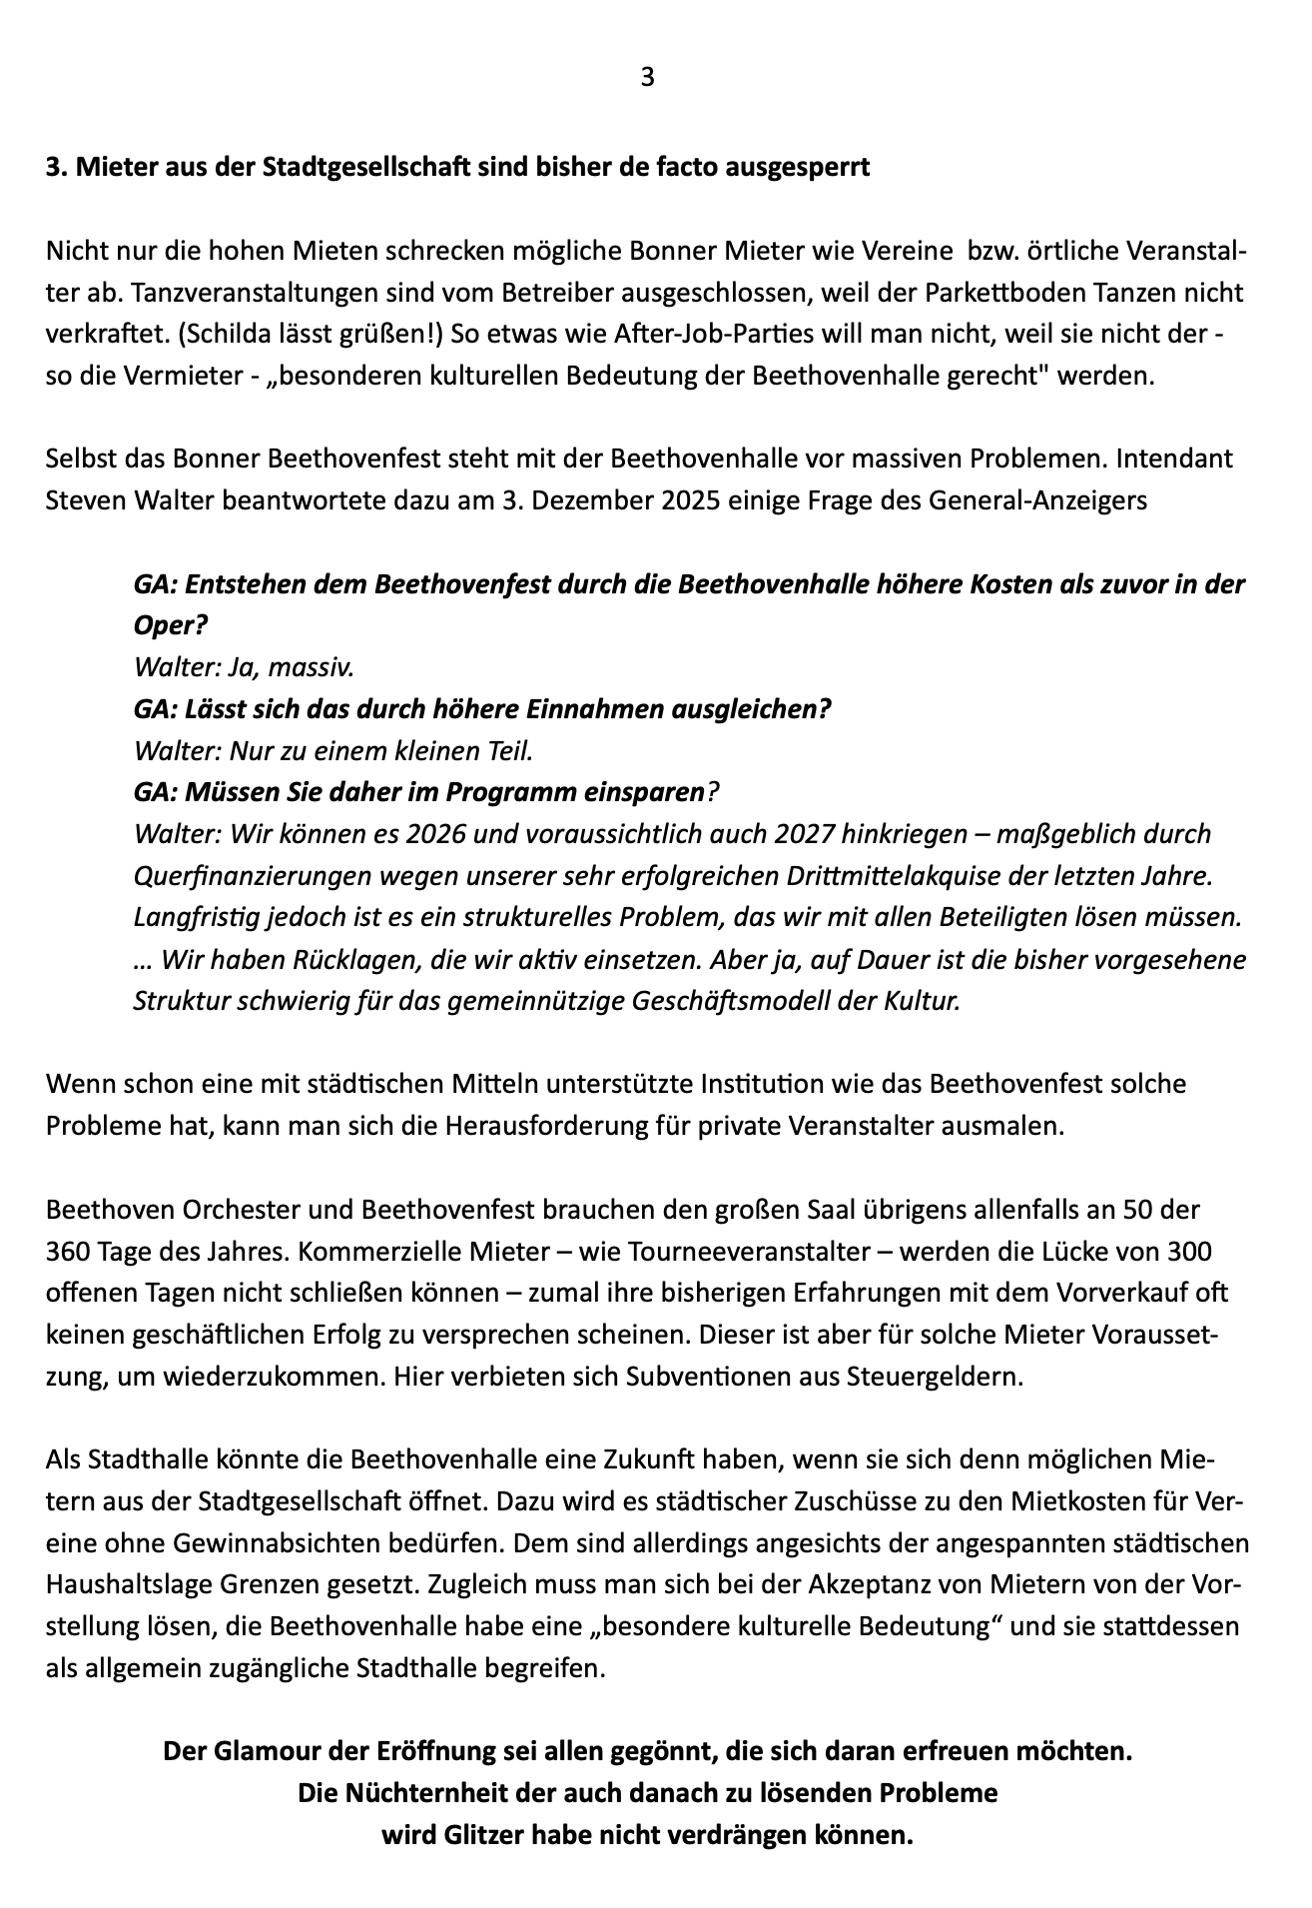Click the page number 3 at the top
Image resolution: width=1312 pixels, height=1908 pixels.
[x=647, y=77]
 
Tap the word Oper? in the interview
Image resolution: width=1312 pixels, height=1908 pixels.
[x=170, y=625]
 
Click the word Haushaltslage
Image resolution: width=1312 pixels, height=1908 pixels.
[x=125, y=1584]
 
